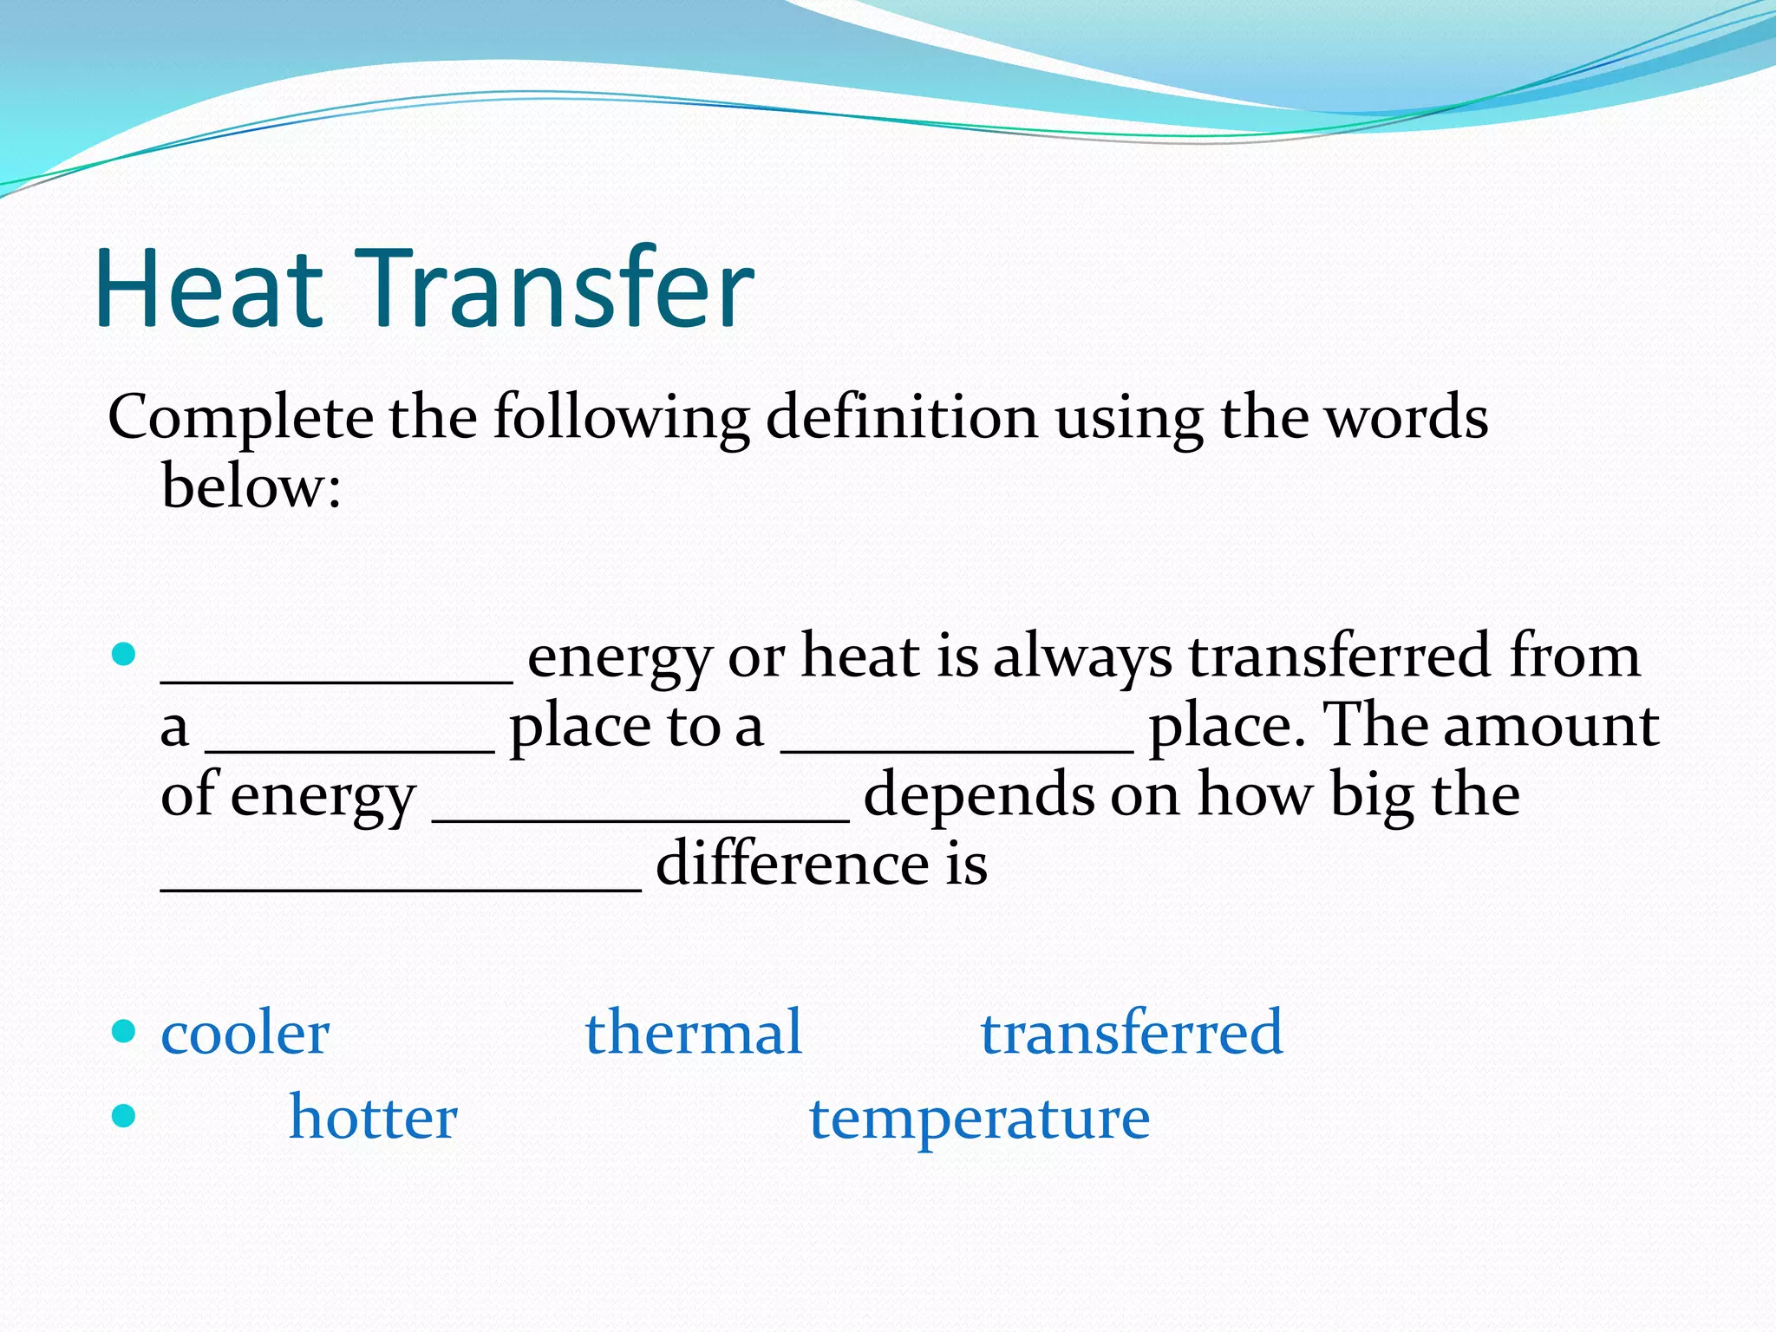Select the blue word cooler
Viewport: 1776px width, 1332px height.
[x=245, y=1034]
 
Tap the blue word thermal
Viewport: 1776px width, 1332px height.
[x=693, y=1032]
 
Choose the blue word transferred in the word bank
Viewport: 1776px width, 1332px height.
[x=1131, y=1032]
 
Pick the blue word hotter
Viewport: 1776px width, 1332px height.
[x=373, y=1117]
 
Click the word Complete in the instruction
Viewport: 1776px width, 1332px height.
[x=240, y=420]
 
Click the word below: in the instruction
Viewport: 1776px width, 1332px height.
[x=251, y=487]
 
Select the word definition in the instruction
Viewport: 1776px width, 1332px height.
[x=901, y=418]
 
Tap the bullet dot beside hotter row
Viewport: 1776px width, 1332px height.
[x=125, y=1115]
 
